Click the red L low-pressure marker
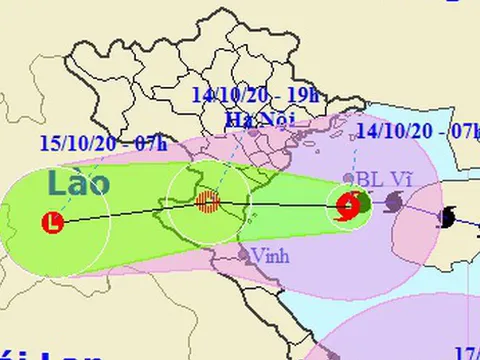[52, 223]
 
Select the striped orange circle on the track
[207, 202]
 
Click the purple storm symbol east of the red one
[394, 204]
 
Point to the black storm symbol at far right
[449, 216]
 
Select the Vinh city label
[270, 255]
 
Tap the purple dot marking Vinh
[243, 256]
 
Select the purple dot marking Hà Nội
[254, 131]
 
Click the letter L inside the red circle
[52, 223]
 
